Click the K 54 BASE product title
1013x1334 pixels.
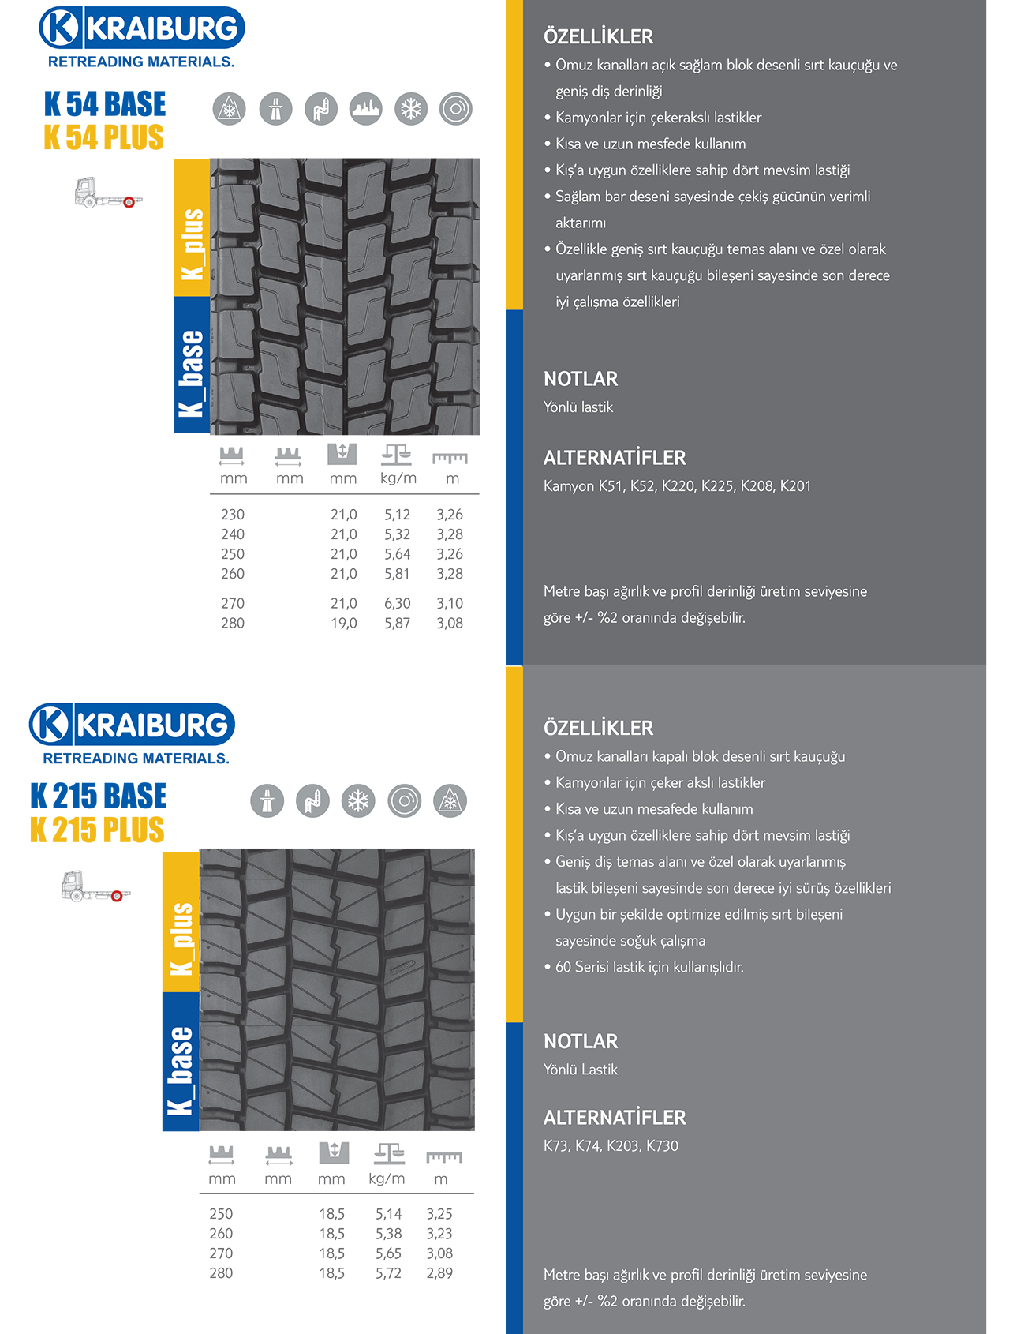click(105, 104)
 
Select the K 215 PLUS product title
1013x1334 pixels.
click(97, 830)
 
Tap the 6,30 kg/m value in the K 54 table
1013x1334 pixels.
click(397, 603)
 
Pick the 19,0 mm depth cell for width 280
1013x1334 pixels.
click(343, 623)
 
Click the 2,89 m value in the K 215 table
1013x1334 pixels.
click(439, 1272)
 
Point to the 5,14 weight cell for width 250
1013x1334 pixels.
click(388, 1213)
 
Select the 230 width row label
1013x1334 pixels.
click(233, 515)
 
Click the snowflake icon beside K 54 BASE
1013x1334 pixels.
click(411, 109)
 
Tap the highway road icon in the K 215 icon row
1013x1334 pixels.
click(267, 801)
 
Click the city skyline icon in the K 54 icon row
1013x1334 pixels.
click(366, 109)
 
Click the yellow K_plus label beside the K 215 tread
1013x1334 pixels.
click(181, 921)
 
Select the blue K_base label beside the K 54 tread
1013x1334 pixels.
click(192, 365)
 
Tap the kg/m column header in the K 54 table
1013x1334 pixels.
click(398, 478)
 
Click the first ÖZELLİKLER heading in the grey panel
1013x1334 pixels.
click(598, 36)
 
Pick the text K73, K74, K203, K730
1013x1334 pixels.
click(610, 1145)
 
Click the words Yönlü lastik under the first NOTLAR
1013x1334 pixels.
click(578, 407)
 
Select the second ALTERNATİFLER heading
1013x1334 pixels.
click(614, 1117)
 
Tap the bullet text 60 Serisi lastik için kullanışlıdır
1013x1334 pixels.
click(649, 966)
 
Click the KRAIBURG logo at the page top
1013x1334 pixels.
click(142, 28)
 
